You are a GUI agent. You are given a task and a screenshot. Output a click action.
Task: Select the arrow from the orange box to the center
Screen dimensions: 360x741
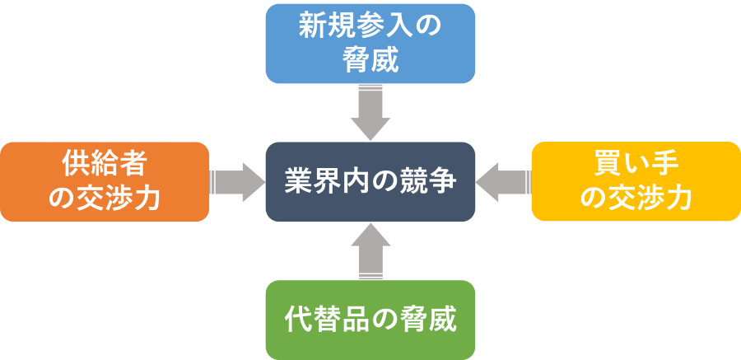click(237, 181)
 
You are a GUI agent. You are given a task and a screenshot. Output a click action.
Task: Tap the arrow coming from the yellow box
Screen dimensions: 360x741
click(503, 181)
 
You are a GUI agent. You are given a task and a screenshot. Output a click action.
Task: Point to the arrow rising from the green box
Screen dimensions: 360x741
click(370, 251)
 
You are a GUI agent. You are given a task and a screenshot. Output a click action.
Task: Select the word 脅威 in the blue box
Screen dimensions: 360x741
click(370, 60)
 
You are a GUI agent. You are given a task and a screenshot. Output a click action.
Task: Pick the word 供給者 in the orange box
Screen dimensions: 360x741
click(105, 164)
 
